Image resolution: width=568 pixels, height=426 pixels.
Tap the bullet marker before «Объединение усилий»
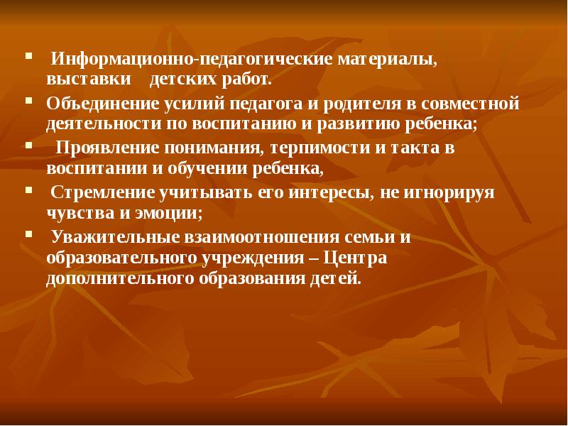click(x=28, y=101)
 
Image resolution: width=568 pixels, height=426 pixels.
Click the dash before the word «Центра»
click(x=315, y=258)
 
